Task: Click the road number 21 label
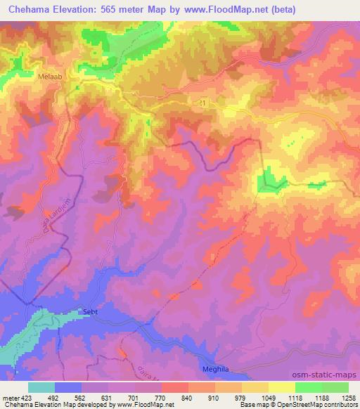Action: click(204, 103)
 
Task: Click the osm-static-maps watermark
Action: click(326, 375)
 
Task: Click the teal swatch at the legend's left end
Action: click(41, 387)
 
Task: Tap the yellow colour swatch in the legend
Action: click(282, 387)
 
